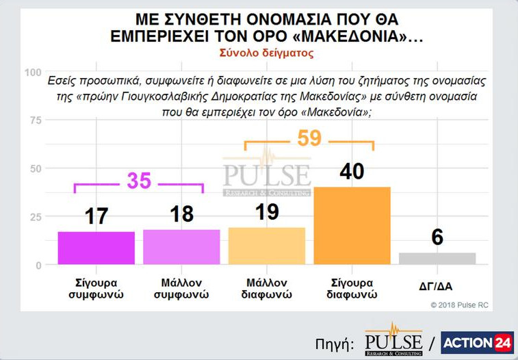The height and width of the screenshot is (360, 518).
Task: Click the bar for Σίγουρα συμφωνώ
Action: click(x=96, y=248)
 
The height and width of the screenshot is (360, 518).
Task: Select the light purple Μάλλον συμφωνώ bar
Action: click(x=181, y=247)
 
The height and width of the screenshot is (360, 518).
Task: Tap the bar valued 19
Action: click(x=267, y=246)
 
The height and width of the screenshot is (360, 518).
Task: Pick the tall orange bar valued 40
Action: click(x=352, y=226)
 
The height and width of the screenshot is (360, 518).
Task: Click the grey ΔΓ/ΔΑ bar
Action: click(x=437, y=259)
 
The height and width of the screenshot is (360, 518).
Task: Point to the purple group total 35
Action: click(x=139, y=181)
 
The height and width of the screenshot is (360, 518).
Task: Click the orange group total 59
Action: click(x=309, y=139)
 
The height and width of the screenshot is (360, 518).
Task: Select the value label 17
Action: click(x=96, y=216)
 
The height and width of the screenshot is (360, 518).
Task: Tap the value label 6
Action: click(x=437, y=237)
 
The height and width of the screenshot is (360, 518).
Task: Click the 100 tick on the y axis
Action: click(x=32, y=73)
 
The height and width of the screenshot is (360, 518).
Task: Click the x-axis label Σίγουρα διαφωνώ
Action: click(x=352, y=289)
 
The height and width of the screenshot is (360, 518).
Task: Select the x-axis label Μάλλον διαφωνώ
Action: click(x=267, y=289)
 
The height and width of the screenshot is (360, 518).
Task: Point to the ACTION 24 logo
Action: click(x=477, y=343)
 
